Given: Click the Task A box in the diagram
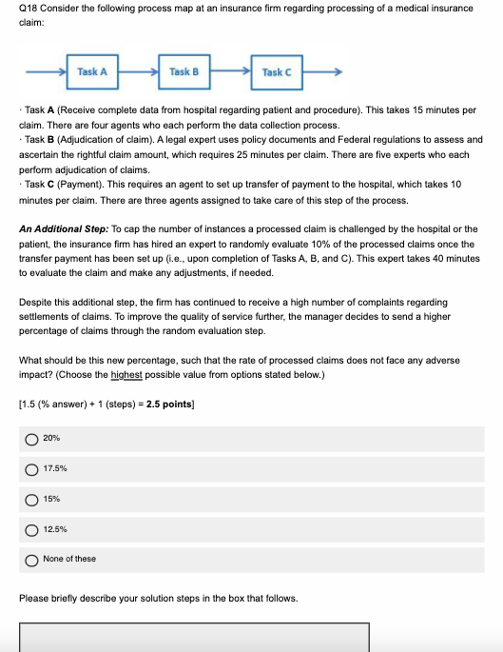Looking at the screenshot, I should coord(92,72).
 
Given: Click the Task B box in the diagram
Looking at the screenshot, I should coord(184,72).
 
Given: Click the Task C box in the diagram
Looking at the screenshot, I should coord(276,72).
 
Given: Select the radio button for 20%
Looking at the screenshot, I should coord(31,438).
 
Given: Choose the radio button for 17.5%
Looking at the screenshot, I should coord(31,468).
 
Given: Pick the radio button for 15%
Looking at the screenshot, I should coord(31,498).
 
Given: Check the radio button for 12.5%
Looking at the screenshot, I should coord(31,528).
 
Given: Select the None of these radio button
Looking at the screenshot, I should coord(31,559).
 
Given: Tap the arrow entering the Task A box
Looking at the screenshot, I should coord(49,72).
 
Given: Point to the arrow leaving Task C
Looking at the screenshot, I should coord(323,72).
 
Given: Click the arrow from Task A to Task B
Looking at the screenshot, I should coord(138,72).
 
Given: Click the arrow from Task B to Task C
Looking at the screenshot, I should coord(230,72).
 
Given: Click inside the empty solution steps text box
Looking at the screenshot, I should coord(194,637).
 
